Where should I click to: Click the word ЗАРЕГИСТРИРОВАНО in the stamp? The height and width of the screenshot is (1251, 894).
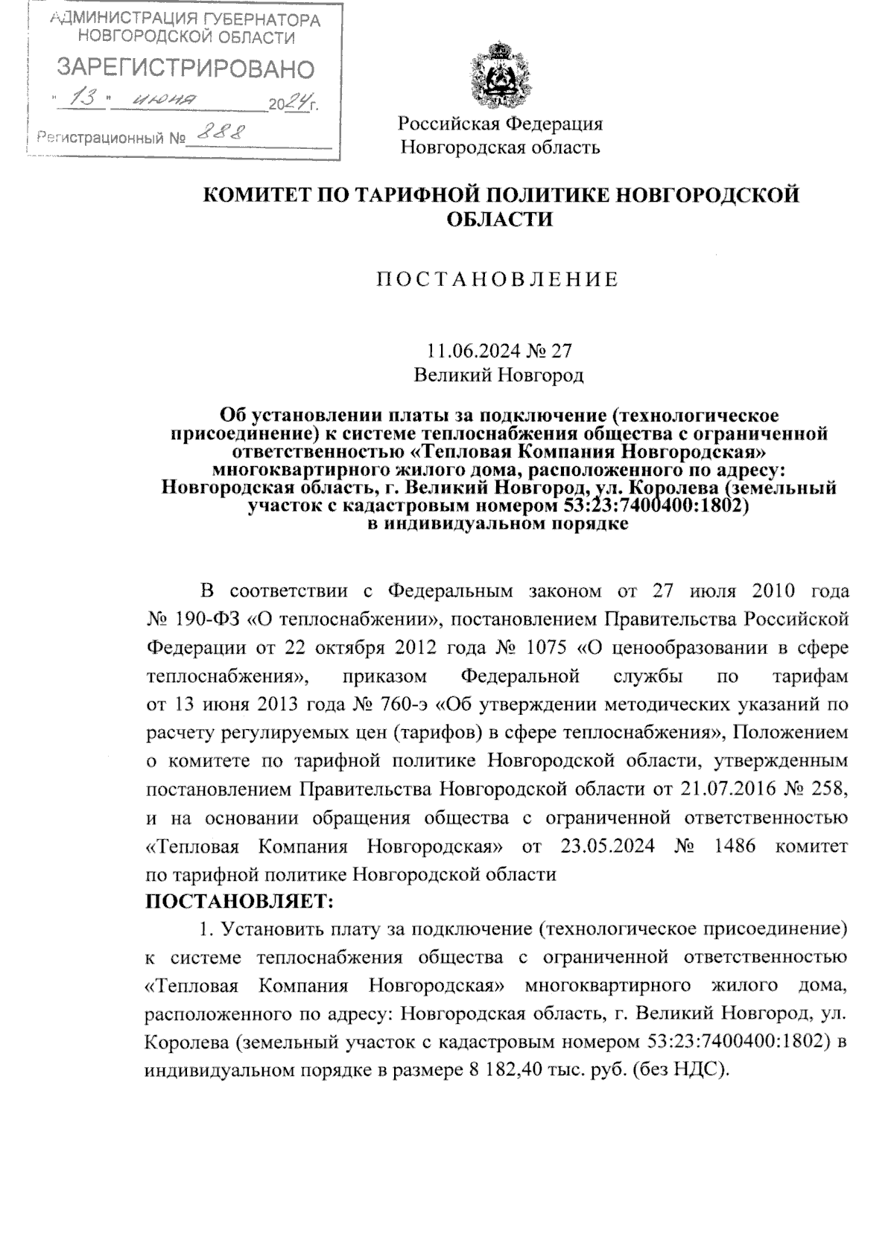(x=186, y=69)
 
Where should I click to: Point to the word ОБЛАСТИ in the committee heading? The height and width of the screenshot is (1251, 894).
(x=500, y=220)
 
